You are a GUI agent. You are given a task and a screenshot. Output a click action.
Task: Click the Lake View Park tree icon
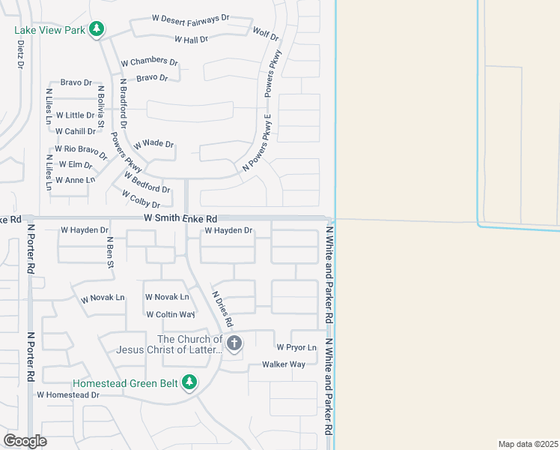coord(96,29)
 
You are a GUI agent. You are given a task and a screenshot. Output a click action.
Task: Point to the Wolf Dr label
coord(266,34)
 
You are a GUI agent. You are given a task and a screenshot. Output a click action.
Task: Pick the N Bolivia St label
coord(100,106)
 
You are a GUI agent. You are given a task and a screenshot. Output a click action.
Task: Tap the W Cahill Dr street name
coord(76,131)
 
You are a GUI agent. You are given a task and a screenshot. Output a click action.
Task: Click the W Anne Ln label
coord(76,180)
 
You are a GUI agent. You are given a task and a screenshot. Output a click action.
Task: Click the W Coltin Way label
coord(171,315)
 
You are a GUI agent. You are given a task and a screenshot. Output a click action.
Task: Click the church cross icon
coord(234,343)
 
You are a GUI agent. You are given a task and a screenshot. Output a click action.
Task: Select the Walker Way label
coord(284,364)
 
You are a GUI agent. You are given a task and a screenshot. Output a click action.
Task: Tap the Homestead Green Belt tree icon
coord(190,382)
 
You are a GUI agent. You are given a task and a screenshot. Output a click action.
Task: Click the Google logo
coord(25,440)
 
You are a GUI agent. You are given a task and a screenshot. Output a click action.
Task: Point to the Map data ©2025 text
coord(527,444)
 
